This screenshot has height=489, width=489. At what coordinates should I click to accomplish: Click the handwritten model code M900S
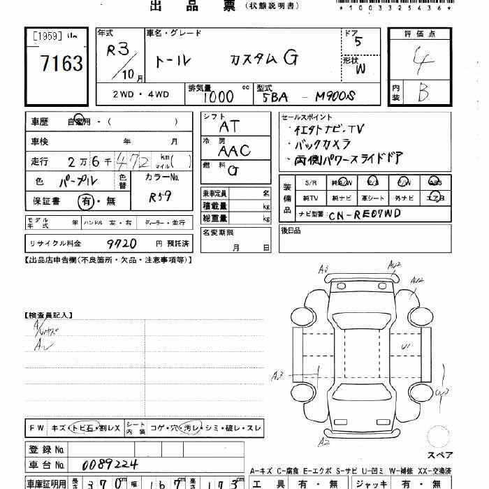pos(335,96)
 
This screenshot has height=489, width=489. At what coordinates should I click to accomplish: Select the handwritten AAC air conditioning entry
pos(233,149)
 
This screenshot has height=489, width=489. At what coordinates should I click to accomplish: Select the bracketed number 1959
pos(48,35)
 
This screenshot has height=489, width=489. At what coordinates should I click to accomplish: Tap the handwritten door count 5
pos(358,41)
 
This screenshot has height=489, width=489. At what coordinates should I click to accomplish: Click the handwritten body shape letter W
pos(360,68)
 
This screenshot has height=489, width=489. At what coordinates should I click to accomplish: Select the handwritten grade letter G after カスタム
pos(289,59)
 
